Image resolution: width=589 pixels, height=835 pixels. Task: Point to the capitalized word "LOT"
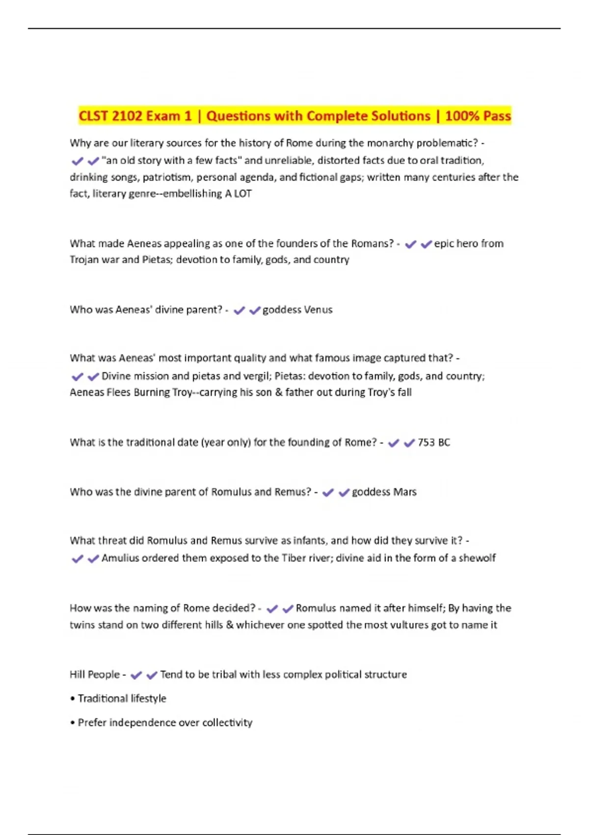243,194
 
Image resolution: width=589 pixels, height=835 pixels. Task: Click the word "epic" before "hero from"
444,244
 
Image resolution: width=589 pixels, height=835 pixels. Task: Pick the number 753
426,443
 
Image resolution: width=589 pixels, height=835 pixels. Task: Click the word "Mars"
405,492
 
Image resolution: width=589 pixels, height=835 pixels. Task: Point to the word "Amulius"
120,558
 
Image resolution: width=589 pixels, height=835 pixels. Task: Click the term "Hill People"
95,675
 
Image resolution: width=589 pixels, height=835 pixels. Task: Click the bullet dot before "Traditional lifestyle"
73,699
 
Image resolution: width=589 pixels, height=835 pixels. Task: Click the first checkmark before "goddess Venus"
239,310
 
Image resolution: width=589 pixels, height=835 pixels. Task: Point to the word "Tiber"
294,558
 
